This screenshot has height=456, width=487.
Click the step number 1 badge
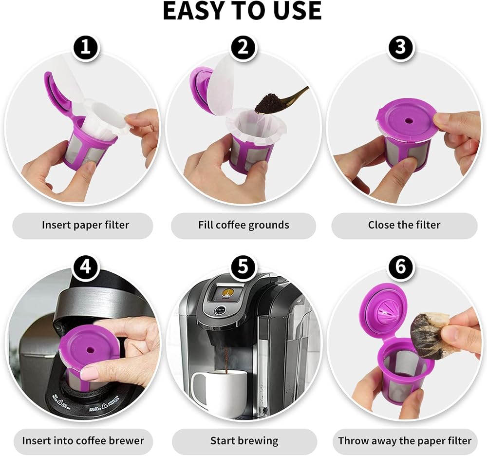(x=85, y=48)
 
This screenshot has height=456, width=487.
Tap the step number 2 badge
(x=243, y=48)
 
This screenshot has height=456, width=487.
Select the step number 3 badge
(x=401, y=48)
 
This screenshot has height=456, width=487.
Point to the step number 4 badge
(x=85, y=267)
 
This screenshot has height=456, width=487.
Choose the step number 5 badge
(x=243, y=267)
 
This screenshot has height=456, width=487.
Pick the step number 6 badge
(x=401, y=267)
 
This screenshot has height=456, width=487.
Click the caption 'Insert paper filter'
(x=85, y=225)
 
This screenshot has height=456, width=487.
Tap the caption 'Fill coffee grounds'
(x=243, y=225)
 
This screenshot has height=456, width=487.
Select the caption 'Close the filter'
(x=404, y=225)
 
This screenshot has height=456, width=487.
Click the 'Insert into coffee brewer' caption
(x=83, y=441)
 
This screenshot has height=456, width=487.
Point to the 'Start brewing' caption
(x=244, y=441)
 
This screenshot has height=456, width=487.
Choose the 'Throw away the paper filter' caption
(x=405, y=441)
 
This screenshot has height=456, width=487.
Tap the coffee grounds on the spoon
(x=267, y=102)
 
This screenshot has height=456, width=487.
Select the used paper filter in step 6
(x=430, y=336)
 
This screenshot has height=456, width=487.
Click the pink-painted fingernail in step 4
(x=90, y=373)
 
